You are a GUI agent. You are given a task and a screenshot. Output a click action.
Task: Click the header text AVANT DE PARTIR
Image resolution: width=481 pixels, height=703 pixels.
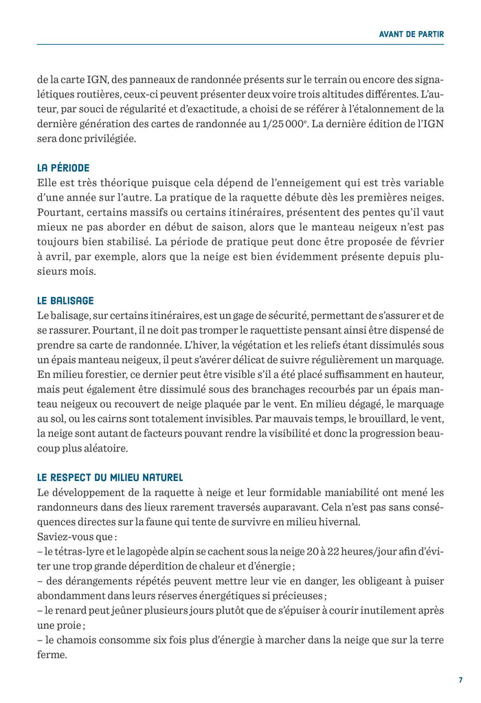tap(412, 33)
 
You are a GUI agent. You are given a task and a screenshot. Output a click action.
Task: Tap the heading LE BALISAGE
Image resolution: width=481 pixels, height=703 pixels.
tap(65, 300)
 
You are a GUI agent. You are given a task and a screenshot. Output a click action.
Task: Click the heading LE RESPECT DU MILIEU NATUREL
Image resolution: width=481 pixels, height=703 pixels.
tap(110, 477)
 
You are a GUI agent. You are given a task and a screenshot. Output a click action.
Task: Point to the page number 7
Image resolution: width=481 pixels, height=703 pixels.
tap(460, 680)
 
